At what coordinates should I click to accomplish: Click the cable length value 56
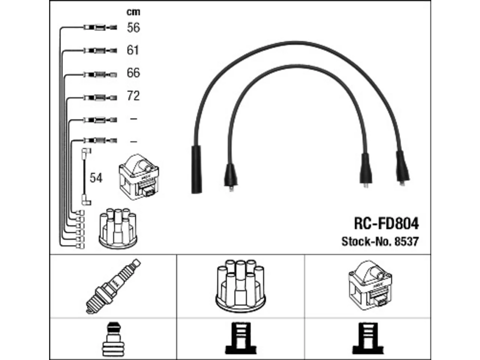tap(133, 28)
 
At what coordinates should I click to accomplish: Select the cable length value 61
tap(132, 50)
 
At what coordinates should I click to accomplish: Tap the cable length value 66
tap(133, 73)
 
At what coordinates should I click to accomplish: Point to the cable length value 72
tap(133, 96)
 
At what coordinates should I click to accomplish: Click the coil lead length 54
tap(96, 178)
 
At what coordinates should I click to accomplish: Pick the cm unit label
tap(133, 12)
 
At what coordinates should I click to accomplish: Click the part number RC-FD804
tap(386, 223)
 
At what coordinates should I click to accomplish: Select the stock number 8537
tap(406, 241)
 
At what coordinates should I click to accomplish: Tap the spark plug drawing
tap(113, 286)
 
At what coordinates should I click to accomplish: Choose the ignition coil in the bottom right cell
tap(370, 285)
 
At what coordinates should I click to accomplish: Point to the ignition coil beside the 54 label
tap(139, 177)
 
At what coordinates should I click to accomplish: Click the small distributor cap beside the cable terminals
tap(118, 228)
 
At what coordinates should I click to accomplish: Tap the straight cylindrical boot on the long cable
tap(196, 169)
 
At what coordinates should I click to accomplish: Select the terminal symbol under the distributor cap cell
tap(240, 339)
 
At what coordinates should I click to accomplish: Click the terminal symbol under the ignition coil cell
tap(367, 339)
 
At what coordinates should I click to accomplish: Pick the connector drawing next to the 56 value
tap(100, 28)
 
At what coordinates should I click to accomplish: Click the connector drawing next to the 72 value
tap(100, 97)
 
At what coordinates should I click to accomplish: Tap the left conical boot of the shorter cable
tap(231, 176)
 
